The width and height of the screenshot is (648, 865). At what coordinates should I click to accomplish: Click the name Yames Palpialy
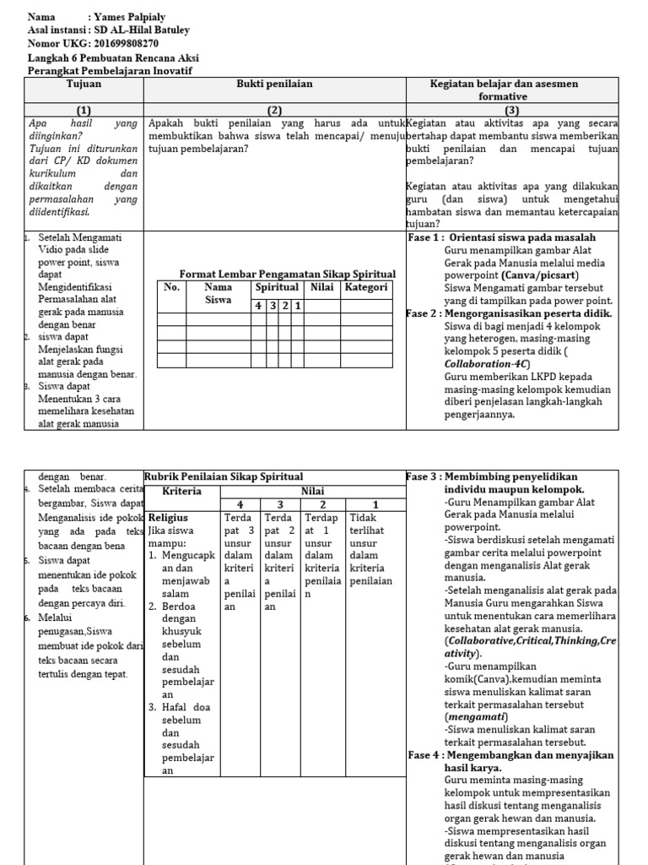(130, 17)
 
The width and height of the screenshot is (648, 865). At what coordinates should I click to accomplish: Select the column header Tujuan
(84, 84)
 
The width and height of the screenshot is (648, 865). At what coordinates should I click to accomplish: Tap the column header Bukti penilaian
(274, 84)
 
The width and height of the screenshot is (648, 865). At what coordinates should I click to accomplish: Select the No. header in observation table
(171, 287)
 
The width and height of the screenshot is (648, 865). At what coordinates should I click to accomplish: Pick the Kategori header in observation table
(366, 287)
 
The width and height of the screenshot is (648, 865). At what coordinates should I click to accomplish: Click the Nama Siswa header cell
(218, 293)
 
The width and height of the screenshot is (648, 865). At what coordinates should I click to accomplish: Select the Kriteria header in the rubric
(181, 491)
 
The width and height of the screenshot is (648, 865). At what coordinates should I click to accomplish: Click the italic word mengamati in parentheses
(475, 716)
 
